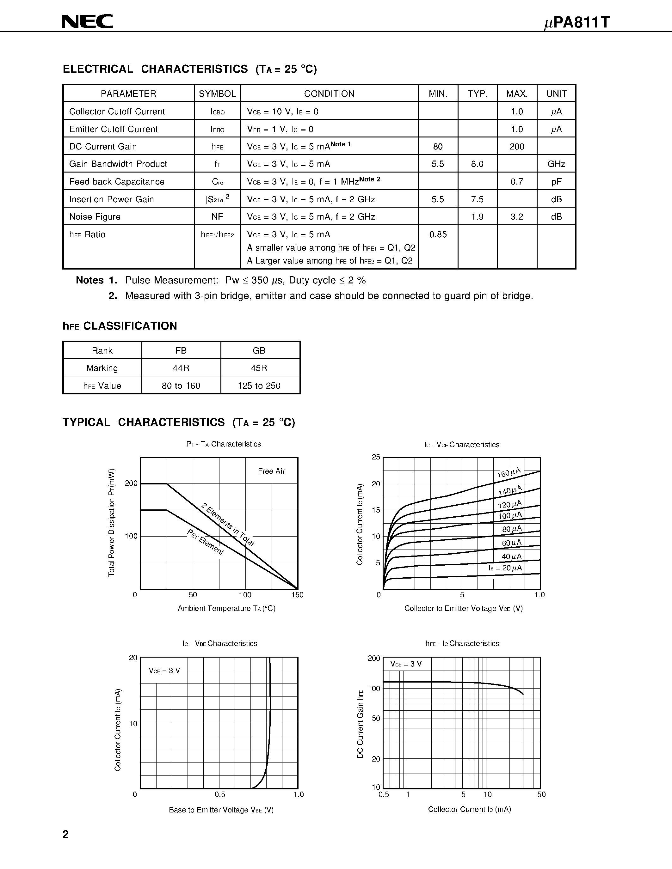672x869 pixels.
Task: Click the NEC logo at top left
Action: click(88, 21)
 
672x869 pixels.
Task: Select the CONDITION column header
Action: click(329, 94)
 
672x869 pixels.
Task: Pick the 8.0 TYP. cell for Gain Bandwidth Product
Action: click(477, 164)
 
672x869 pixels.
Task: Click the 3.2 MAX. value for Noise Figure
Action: click(516, 217)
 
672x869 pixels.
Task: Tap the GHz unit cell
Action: click(556, 164)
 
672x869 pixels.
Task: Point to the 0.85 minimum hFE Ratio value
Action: click(438, 234)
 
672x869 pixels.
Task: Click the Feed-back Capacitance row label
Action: click(117, 182)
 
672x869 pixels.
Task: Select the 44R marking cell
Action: click(181, 368)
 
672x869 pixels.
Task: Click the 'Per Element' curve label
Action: click(206, 542)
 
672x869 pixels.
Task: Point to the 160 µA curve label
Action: click(509, 472)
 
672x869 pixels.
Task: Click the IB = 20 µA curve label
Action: click(505, 568)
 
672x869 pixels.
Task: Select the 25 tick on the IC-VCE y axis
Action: click(376, 457)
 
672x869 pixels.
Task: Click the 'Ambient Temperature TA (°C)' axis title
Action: click(226, 608)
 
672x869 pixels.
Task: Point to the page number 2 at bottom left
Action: click(66, 834)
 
